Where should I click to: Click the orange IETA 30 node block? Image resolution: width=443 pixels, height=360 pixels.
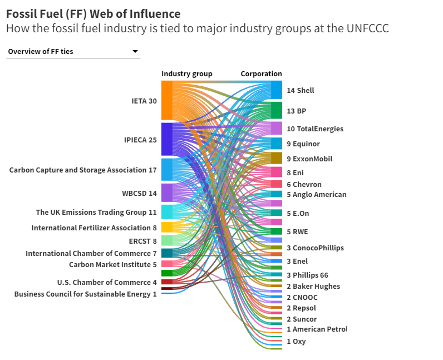pos(166,101)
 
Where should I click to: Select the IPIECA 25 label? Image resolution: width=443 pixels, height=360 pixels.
pos(140,140)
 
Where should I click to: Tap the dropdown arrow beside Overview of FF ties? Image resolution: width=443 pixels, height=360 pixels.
pos(135,52)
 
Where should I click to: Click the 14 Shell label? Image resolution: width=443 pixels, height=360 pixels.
pos(300,90)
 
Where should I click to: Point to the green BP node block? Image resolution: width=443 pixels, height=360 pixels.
pos(277,110)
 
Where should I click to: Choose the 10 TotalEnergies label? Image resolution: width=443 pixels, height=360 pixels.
pos(315,129)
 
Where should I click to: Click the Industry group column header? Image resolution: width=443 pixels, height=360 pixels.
pos(186,73)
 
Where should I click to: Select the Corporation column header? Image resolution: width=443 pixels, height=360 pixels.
pos(261,73)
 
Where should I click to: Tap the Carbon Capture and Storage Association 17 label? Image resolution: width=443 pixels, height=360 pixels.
pos(83,170)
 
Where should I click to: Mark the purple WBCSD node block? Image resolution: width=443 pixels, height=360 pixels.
pos(166,193)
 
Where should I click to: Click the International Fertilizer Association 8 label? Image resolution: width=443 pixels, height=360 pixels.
pos(94,228)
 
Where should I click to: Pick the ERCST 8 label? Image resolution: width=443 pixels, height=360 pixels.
pos(144,240)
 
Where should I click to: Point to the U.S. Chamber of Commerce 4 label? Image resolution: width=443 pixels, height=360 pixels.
pos(107,282)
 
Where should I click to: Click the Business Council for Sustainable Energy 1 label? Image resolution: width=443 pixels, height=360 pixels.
pos(85,294)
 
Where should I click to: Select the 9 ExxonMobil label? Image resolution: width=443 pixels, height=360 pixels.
pos(309,159)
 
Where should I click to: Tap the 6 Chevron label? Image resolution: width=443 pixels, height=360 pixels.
pos(304,184)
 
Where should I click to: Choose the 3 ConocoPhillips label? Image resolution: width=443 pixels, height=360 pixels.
pos(315,248)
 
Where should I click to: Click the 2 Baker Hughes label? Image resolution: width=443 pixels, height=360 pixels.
pos(313,286)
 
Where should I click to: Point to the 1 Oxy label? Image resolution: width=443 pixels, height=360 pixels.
pos(296,341)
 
